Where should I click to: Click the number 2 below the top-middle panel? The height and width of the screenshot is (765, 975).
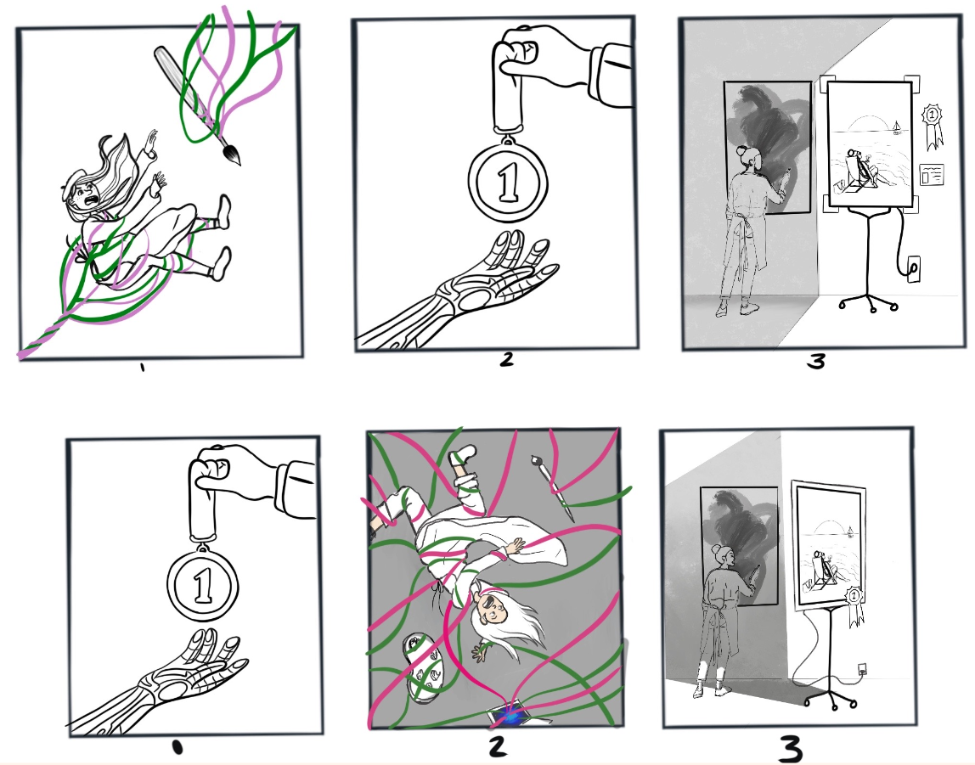pos(506,360)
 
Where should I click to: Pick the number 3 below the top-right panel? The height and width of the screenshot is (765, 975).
pos(815,363)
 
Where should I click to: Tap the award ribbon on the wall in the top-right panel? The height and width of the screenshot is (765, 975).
pos(931,121)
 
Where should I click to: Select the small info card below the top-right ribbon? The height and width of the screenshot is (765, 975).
pos(932,174)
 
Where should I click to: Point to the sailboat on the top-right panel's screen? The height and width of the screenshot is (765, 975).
pos(895,128)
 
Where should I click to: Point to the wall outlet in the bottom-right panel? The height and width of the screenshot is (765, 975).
pos(864,668)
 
